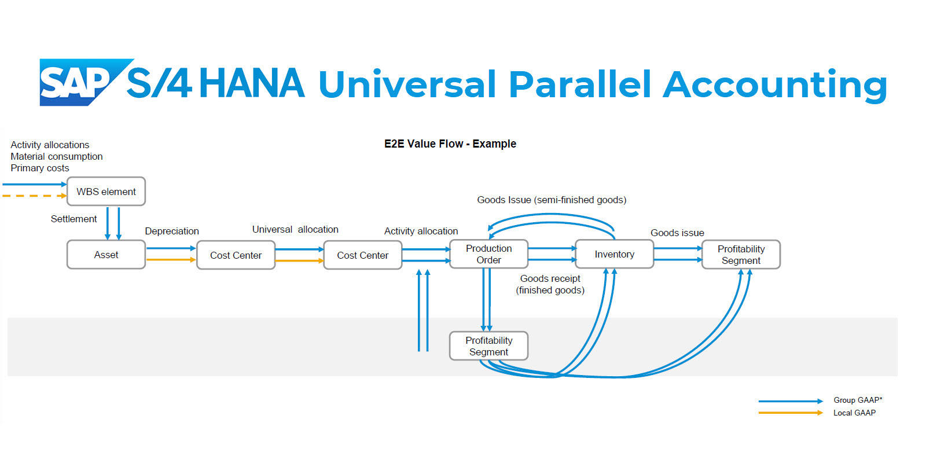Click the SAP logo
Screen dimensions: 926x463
(83, 82)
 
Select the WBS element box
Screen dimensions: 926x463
(106, 192)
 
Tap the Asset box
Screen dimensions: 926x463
(106, 255)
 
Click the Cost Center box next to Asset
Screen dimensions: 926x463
(236, 255)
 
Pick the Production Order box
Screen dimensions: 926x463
(488, 254)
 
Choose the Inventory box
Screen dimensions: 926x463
(614, 254)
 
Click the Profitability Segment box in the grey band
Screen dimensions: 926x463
(488, 346)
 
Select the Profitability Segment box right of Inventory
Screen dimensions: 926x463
(741, 255)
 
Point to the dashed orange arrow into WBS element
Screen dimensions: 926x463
(35, 196)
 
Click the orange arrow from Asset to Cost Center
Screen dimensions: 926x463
(171, 260)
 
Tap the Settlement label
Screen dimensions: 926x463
(74, 219)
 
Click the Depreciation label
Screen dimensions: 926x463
(172, 231)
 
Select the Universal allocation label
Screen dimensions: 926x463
(295, 229)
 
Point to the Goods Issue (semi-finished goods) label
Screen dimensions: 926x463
(552, 200)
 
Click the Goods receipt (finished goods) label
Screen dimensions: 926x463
(550, 284)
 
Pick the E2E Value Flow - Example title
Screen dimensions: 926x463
(450, 144)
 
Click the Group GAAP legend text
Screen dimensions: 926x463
(858, 400)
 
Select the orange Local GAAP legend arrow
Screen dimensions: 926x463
(791, 413)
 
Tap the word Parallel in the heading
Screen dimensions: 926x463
(580, 84)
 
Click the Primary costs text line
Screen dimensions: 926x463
(40, 168)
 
